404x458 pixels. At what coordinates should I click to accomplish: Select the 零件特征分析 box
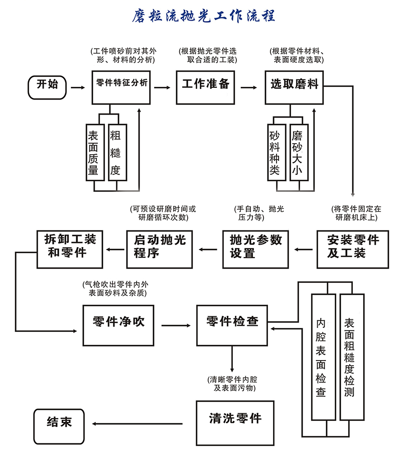coord(121,85)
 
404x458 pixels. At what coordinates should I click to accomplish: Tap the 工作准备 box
coord(205,85)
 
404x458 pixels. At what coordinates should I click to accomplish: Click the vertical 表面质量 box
coord(94,152)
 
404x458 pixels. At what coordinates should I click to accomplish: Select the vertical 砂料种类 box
coord(275,153)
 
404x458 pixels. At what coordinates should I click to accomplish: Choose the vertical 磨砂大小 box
coord(298,153)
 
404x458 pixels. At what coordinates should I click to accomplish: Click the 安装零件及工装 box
coord(353,248)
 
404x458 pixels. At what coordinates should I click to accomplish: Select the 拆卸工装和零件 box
coord(67,248)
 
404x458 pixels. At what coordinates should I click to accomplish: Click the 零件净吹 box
coord(118,324)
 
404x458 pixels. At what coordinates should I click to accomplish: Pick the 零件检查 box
coord(232,324)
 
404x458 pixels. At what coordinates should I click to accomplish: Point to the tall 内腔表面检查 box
coord(323,357)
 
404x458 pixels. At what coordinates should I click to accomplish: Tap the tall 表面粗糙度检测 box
coord(351,357)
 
